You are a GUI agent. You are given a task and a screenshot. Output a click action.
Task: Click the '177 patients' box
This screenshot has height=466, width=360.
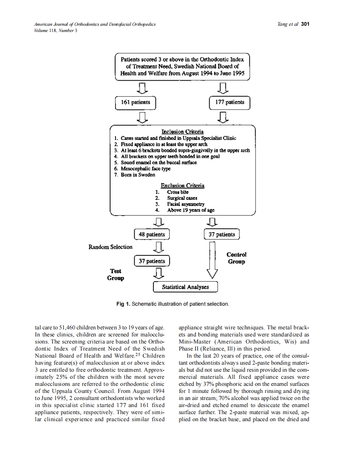point(229,102)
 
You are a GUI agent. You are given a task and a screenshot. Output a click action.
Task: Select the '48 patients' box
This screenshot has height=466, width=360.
point(152,235)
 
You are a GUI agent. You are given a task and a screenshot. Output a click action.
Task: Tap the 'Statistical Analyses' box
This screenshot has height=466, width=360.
point(185,287)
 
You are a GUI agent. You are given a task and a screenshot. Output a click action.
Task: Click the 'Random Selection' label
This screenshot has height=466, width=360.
point(111,247)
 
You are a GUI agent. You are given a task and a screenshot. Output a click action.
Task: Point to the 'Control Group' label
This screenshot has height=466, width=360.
point(237,258)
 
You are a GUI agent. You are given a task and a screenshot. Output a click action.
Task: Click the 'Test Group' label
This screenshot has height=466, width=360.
point(116,275)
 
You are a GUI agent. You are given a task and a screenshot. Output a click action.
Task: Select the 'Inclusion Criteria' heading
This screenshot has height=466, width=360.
point(182,132)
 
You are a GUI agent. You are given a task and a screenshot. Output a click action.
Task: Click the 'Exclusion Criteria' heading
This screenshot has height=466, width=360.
point(182,186)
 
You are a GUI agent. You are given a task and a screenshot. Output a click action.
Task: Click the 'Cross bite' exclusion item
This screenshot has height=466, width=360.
point(178,192)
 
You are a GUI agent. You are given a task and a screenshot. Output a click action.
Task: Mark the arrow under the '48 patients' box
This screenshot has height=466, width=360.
point(158,248)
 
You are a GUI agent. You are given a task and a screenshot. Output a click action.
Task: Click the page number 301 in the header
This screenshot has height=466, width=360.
point(306,24)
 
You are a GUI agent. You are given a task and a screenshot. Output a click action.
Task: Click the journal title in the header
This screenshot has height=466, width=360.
point(95,25)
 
